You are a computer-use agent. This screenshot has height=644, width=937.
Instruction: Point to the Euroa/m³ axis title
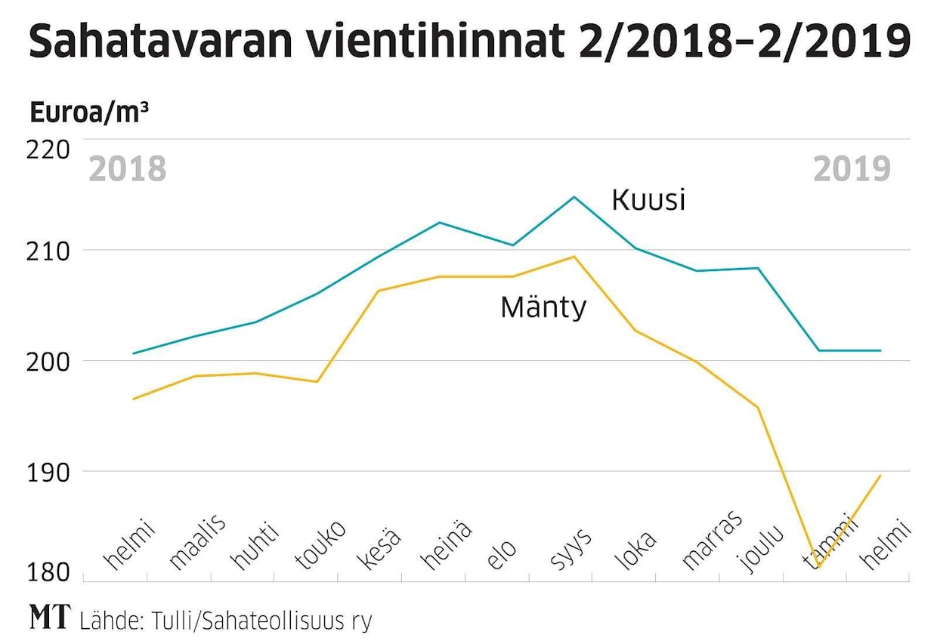point(88,113)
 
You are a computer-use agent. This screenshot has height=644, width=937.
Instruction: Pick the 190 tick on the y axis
point(50,472)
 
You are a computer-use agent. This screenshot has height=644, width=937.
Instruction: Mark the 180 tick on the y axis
point(50,574)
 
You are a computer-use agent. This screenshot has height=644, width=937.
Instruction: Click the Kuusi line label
point(648,200)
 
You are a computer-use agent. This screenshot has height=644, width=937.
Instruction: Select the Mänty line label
point(543,307)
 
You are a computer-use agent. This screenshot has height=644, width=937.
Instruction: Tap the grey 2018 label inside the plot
point(127,169)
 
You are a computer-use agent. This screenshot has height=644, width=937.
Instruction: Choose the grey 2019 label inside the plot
point(852,169)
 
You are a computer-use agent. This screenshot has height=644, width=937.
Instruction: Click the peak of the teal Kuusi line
point(574,197)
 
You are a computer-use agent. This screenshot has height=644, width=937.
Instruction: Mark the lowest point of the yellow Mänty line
point(818,567)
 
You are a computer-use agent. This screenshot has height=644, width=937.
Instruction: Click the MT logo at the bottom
point(49,618)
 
